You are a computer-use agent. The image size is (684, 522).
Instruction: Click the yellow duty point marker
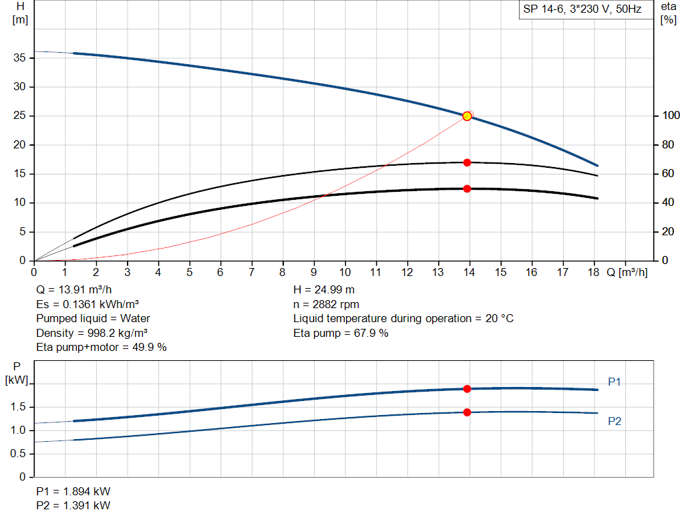click(467, 116)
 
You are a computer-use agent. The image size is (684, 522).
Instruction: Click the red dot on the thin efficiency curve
click(467, 162)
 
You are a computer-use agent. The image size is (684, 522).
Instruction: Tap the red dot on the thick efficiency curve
click(467, 188)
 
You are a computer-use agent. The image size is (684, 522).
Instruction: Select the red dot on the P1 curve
click(467, 389)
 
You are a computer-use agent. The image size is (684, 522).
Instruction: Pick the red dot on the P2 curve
click(467, 412)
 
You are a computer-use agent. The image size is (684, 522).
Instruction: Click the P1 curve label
click(615, 382)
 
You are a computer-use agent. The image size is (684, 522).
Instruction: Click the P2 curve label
click(615, 422)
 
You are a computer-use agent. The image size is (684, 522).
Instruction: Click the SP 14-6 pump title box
click(582, 10)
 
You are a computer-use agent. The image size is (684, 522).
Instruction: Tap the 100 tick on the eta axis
click(669, 116)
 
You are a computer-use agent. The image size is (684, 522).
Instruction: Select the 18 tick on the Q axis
click(594, 272)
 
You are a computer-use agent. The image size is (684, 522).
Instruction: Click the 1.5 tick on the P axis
click(18, 407)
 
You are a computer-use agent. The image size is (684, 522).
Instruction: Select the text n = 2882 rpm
click(326, 304)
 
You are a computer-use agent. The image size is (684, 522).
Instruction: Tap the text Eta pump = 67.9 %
click(341, 333)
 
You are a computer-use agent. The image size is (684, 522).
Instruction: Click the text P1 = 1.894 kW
click(73, 492)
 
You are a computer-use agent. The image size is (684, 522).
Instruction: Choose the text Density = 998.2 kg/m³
click(92, 333)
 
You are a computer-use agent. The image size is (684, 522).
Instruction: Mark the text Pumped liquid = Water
click(93, 318)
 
